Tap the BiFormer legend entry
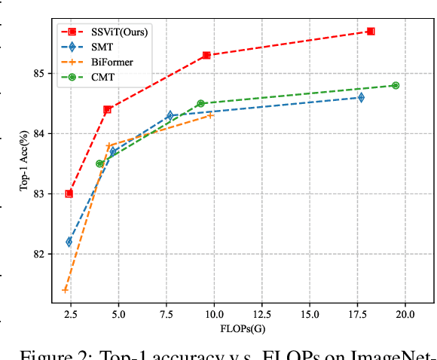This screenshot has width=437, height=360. click(x=102, y=62)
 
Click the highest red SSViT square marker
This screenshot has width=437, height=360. click(x=371, y=31)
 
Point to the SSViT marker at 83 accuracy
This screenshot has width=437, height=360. click(x=69, y=194)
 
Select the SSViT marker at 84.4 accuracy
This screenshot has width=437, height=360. click(x=108, y=109)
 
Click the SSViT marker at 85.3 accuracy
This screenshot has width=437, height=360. click(x=206, y=55)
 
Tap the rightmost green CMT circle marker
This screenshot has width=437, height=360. click(x=396, y=85)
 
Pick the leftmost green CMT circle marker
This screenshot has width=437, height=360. click(x=99, y=163)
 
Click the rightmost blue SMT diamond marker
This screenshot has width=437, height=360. click(x=361, y=97)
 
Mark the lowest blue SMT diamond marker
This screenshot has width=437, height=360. click(x=69, y=242)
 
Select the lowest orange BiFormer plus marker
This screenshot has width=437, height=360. click(x=66, y=290)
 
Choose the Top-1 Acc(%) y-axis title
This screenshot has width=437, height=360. click(x=25, y=163)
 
